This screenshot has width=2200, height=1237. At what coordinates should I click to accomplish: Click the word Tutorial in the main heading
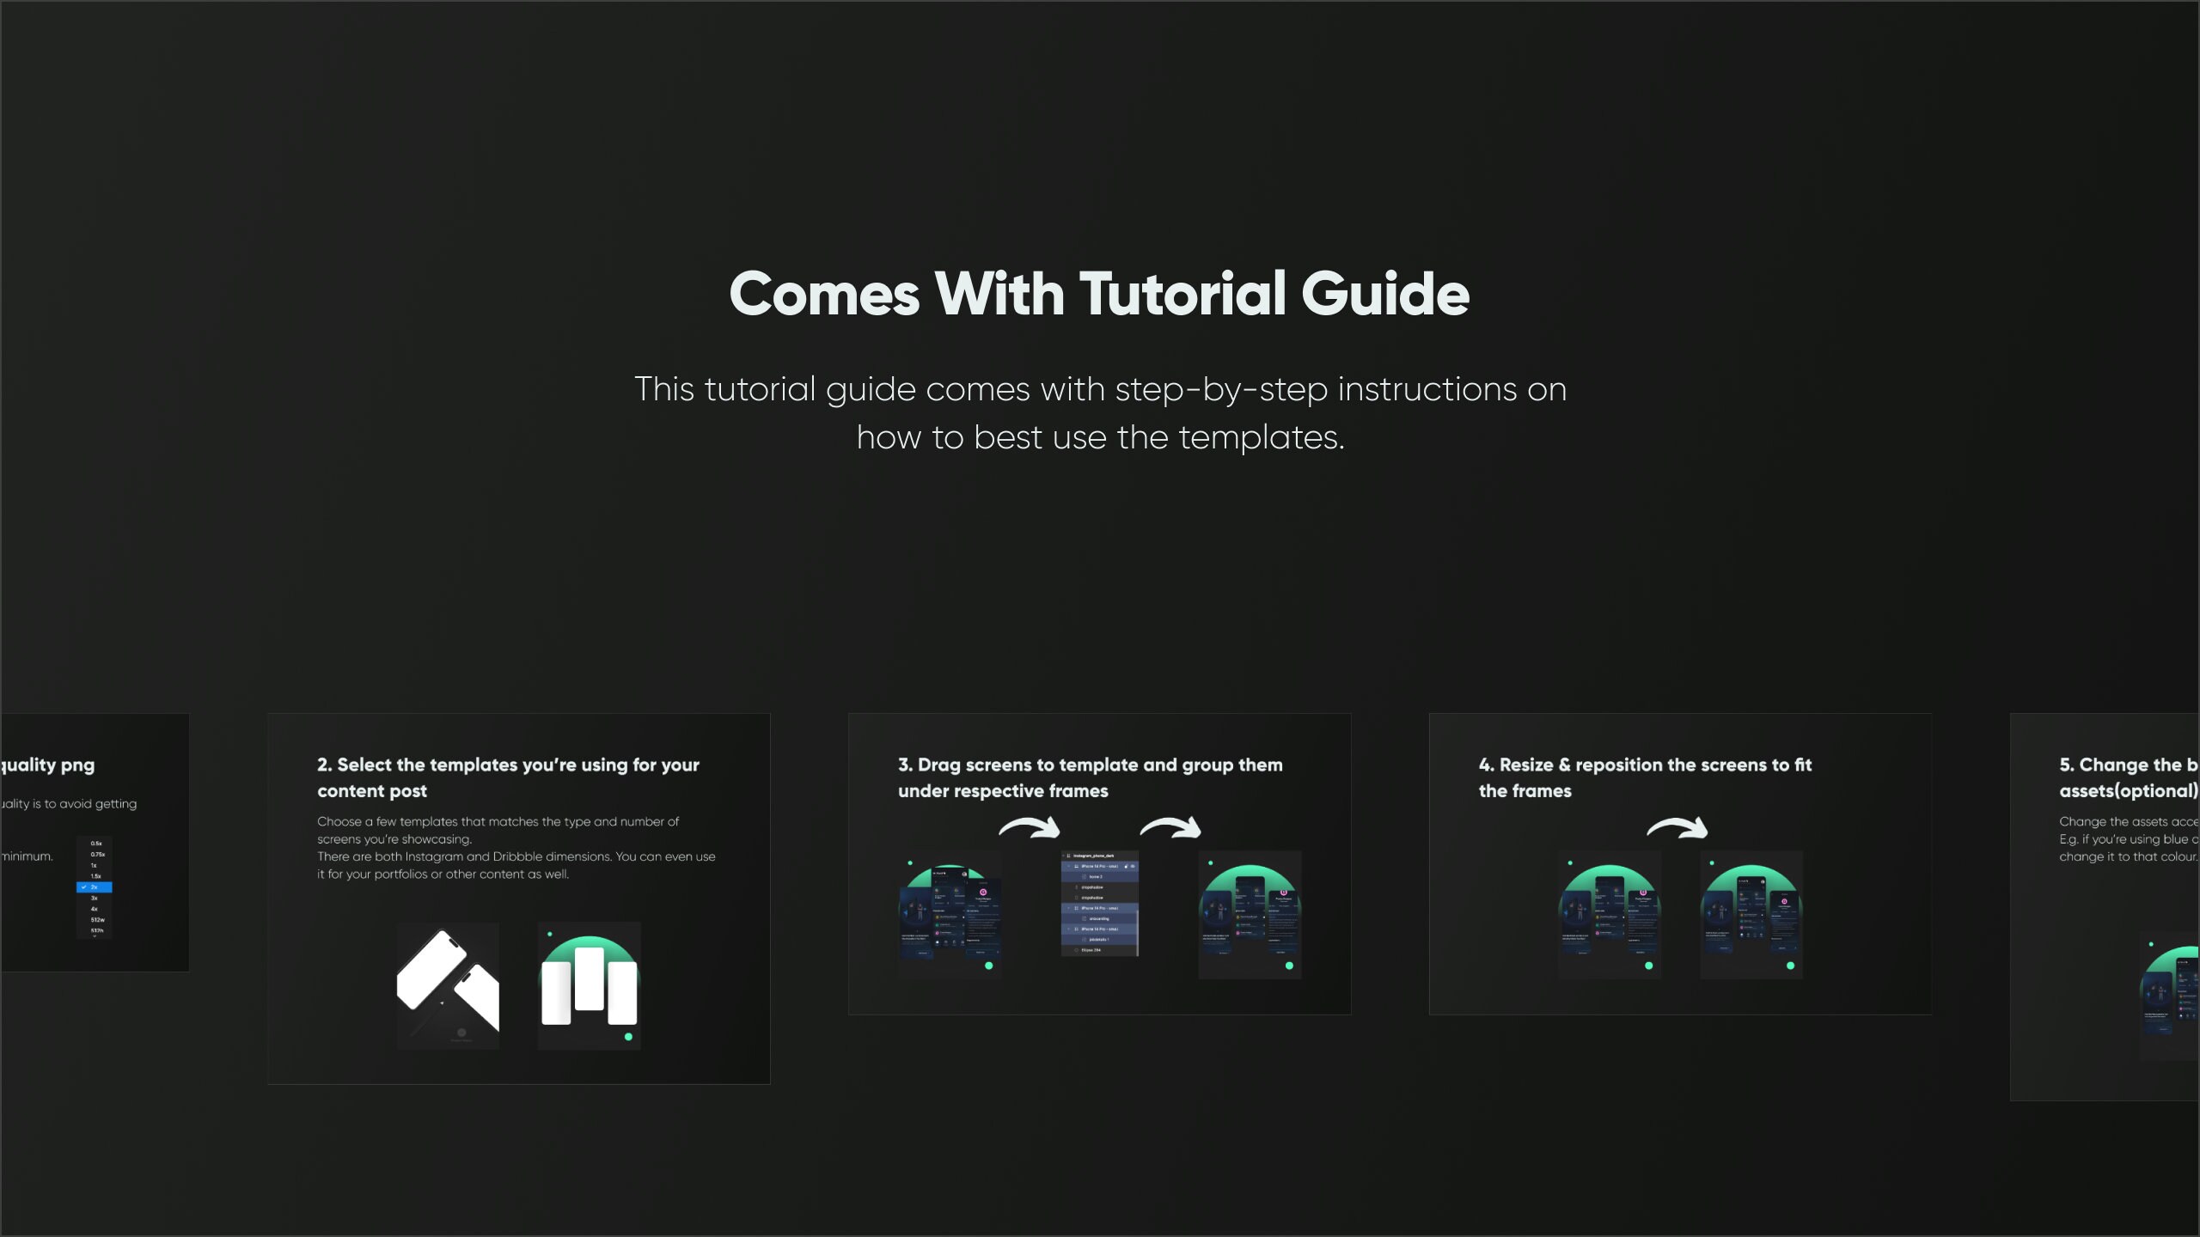1182,294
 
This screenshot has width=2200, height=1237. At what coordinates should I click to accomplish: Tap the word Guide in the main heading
1384,294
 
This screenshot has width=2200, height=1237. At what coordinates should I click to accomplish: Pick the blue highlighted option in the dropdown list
95,887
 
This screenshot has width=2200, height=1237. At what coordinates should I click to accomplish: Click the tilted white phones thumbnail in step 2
448,985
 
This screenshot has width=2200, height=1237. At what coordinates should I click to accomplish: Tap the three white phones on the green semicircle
589,985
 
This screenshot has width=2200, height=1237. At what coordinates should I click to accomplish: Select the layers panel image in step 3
1100,904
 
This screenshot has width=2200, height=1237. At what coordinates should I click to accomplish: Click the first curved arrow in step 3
1029,828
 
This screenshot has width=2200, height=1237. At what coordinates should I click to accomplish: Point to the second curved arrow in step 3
1170,828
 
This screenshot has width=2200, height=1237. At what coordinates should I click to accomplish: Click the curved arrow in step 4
1677,828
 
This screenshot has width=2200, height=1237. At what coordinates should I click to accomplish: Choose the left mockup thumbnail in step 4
1610,915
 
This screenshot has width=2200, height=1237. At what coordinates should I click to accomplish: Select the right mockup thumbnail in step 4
1751,915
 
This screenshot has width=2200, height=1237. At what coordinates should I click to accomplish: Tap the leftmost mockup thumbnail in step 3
950,915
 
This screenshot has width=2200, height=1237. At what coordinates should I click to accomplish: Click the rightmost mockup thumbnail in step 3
1250,915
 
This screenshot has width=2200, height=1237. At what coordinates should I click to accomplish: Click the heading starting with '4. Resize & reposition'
1644,777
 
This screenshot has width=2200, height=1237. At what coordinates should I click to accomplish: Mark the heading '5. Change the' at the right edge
2128,765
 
